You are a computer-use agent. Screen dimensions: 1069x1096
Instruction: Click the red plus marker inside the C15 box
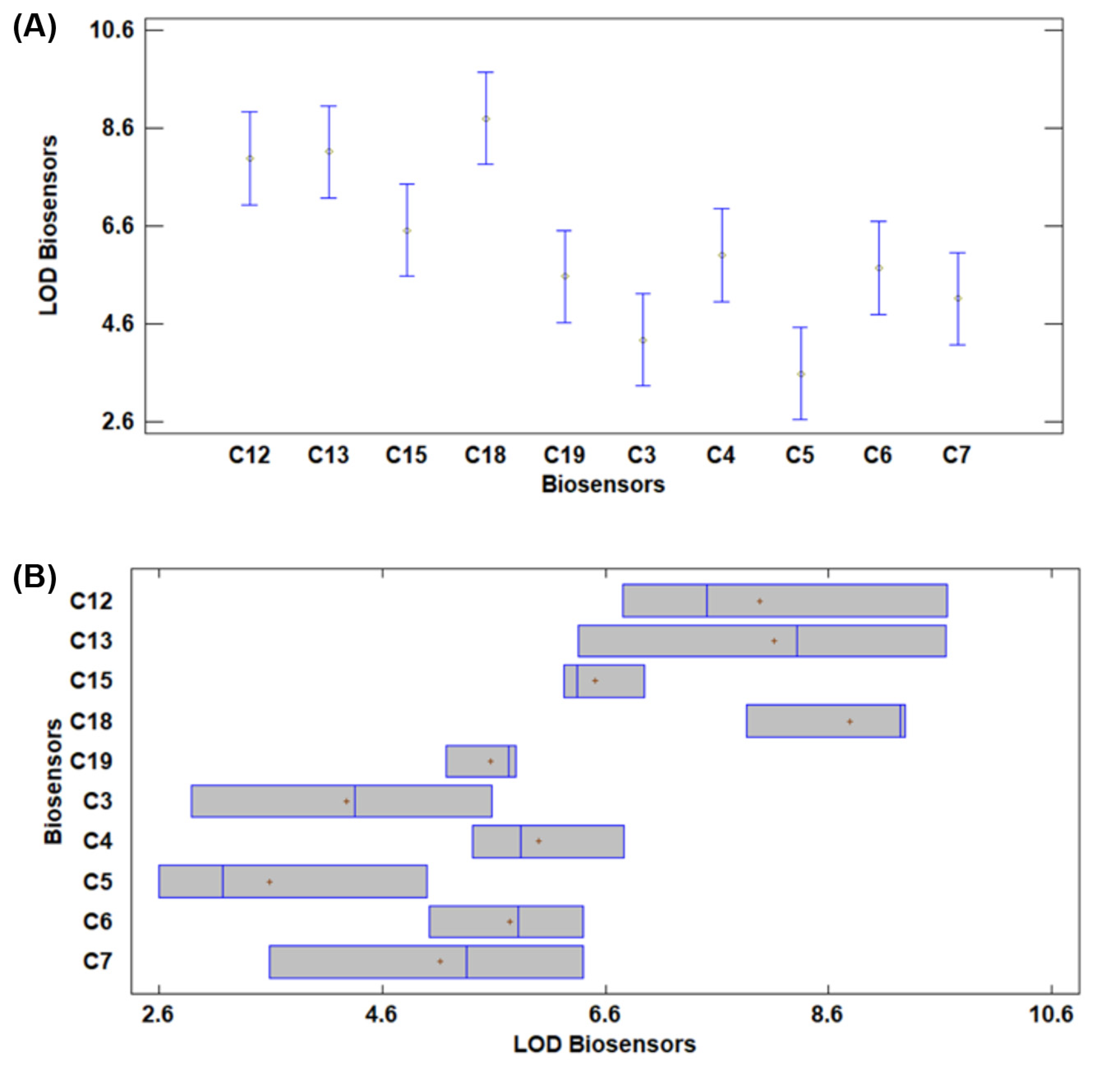tap(595, 681)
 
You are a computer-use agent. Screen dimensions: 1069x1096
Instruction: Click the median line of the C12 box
tap(707, 601)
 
